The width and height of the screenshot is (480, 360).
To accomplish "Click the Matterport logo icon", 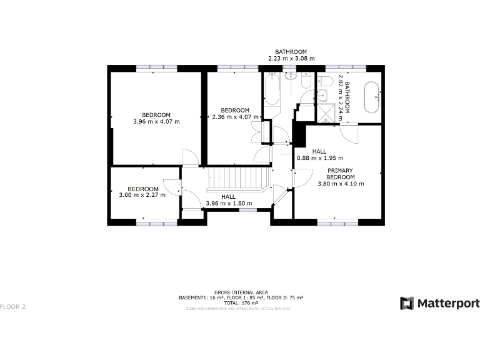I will pyautogui.click(x=407, y=303).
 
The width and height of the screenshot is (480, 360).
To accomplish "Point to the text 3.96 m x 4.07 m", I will pyautogui.click(x=156, y=122).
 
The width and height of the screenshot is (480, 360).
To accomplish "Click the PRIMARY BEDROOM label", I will pyautogui.click(x=341, y=173).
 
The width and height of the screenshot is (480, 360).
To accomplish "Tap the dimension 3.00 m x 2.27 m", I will pyautogui.click(x=142, y=195).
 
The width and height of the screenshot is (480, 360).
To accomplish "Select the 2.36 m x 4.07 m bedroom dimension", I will pyautogui.click(x=235, y=117).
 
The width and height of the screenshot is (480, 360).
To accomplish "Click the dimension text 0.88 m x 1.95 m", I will pyautogui.click(x=319, y=158).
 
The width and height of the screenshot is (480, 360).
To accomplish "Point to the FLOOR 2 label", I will pyautogui.click(x=12, y=307).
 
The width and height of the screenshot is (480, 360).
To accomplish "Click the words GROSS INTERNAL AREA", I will pyautogui.click(x=241, y=292).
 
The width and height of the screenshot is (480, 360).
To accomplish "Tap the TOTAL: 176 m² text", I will pyautogui.click(x=241, y=302).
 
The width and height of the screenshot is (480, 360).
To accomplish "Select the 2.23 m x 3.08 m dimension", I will pyautogui.click(x=291, y=58).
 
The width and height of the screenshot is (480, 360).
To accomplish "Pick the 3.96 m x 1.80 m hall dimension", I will pyautogui.click(x=228, y=203).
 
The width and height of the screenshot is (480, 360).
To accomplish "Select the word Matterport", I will pyautogui.click(x=448, y=303).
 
